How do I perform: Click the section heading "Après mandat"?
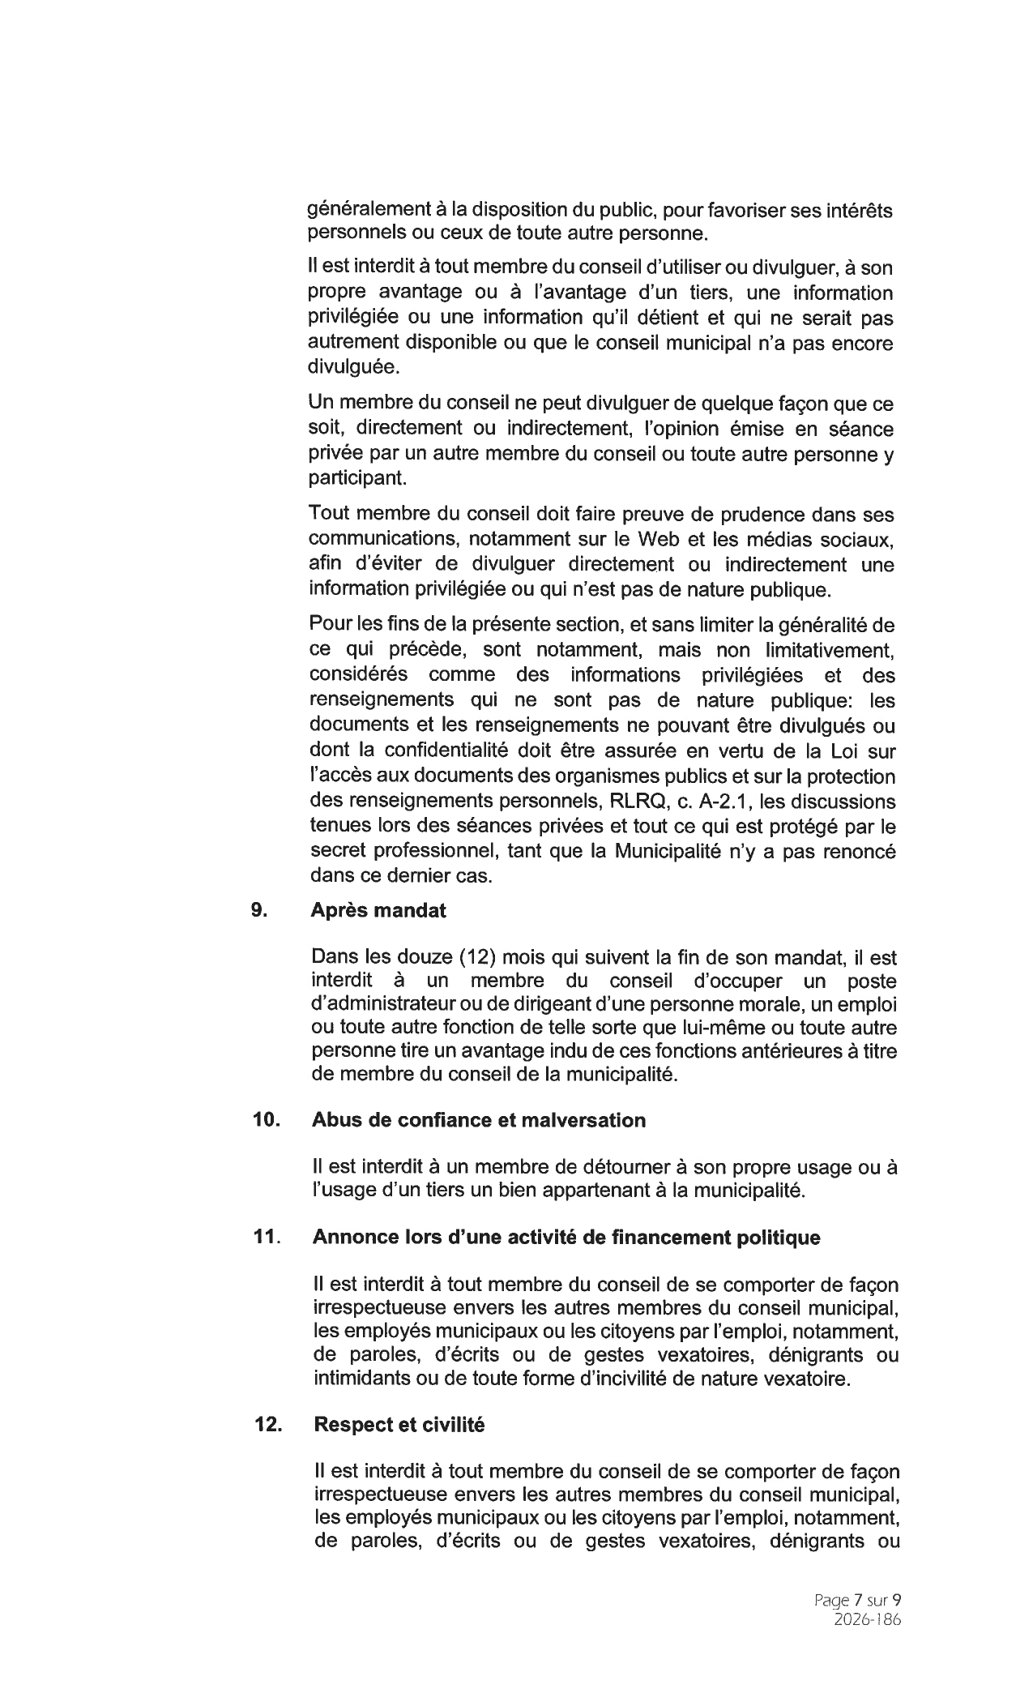378,910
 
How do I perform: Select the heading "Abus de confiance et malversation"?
479,1120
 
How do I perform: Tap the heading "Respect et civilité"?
399,1425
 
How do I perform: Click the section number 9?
258,910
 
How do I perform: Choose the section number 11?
266,1238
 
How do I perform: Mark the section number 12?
267,1425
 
